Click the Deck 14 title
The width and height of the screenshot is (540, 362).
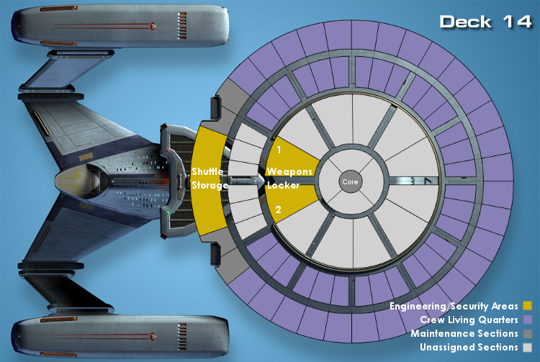coord(485,22)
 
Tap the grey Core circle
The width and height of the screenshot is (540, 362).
coord(351,181)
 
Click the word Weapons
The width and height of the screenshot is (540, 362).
coord(289,171)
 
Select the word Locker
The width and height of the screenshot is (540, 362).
coord(283,185)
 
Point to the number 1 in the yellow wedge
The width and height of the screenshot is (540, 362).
coord(279,150)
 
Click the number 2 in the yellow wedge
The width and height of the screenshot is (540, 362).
coord(278,209)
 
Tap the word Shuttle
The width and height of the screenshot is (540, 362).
coord(207,171)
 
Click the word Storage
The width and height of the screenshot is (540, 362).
coord(210,186)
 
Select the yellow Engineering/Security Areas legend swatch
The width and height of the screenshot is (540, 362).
coord(527,306)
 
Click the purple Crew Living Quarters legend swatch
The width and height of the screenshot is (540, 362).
coord(527,320)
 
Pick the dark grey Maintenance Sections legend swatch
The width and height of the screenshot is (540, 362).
coord(527,333)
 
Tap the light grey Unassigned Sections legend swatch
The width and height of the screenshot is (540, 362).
coord(527,347)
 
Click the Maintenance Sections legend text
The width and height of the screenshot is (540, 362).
coord(464,333)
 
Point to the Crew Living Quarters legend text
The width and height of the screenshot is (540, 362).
coord(469,320)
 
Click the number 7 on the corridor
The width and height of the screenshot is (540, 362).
coord(428,181)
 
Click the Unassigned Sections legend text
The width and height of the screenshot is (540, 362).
coord(469,347)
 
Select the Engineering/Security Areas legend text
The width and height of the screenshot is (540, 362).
coord(454,306)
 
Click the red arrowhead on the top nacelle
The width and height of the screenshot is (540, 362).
coord(153,25)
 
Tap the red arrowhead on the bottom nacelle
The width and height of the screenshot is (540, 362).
coord(153,336)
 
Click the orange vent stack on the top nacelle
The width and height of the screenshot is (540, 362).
coord(182,26)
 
